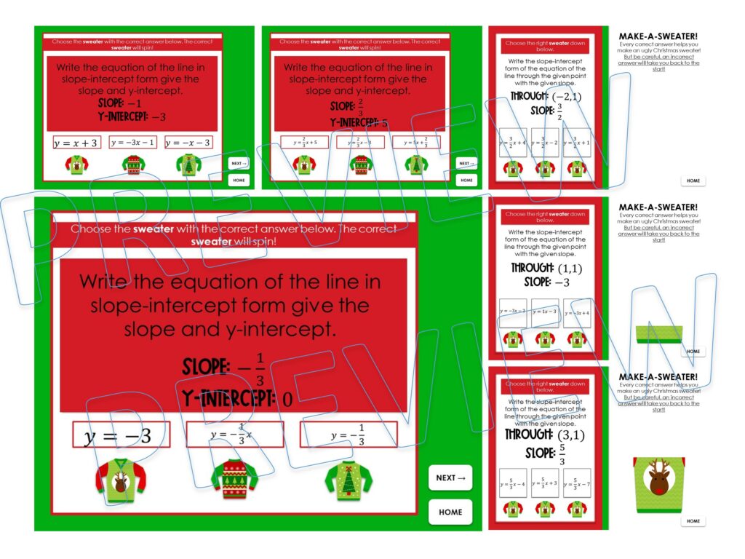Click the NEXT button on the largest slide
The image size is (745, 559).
450,477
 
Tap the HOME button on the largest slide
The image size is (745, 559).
450,512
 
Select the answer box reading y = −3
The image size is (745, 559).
121,435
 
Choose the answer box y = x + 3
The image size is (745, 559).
76,143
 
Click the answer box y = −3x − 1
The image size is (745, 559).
132,143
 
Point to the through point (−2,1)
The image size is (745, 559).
567,97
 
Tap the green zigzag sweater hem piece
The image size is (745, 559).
659,333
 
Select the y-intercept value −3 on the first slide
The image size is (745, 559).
159,116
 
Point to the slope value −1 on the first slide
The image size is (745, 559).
134,104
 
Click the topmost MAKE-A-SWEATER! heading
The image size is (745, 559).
658,36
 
